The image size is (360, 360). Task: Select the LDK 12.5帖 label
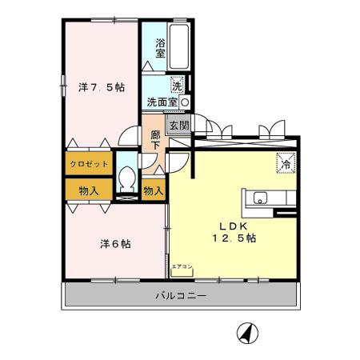pos(233,231)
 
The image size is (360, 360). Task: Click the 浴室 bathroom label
pos(160,47)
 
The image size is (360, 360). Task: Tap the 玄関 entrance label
pos(179,126)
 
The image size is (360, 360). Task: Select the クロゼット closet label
pos(88,164)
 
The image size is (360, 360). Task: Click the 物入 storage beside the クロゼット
pos(88,190)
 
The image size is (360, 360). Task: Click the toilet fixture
pos(126,180)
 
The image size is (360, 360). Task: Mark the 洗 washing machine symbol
pos(177,83)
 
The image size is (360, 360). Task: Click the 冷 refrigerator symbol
pos(285,162)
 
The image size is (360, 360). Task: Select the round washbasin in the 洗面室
pos(185,102)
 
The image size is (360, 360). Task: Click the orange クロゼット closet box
pos(88,164)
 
